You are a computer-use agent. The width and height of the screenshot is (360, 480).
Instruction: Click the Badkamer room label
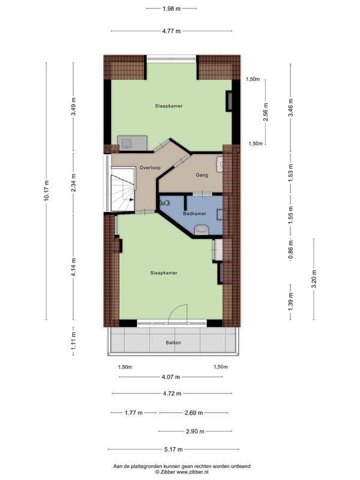194,214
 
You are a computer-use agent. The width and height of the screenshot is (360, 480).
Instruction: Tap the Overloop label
150,168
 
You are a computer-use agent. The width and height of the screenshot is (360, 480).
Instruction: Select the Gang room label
202,175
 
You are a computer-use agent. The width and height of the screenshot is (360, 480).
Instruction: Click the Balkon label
173,343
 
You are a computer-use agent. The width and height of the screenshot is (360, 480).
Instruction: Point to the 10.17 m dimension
46,190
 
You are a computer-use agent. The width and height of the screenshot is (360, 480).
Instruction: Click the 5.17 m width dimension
173,449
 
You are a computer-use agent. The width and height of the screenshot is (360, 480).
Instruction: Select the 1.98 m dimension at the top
172,8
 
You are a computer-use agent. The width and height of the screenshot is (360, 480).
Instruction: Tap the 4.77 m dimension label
172,31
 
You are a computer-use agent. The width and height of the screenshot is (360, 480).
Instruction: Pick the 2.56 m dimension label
265,111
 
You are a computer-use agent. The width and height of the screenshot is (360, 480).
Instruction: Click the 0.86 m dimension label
290,249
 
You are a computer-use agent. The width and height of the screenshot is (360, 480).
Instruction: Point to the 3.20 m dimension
313,279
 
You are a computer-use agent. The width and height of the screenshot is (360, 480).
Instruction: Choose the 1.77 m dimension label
133,413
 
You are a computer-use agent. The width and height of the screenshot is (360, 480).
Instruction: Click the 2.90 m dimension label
195,431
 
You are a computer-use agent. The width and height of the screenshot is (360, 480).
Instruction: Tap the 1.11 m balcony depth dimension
73,341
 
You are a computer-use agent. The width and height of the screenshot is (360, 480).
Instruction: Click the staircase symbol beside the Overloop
123,189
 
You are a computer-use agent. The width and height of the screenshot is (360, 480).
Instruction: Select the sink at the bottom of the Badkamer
202,230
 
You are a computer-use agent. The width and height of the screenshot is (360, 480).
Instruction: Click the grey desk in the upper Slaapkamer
133,143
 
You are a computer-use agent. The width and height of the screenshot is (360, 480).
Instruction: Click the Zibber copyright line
182,472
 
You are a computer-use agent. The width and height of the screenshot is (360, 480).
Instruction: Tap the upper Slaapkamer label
169,106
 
